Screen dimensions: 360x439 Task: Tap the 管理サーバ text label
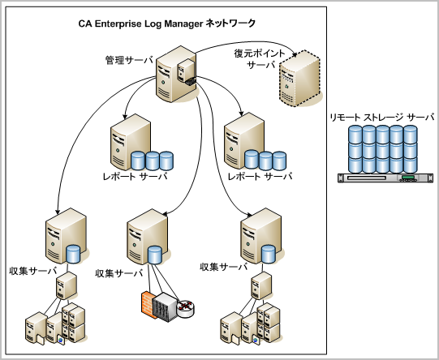128,60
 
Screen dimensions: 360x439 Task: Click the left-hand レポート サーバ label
134,174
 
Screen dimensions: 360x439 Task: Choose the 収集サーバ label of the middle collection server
119,273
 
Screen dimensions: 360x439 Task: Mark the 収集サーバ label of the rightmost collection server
223,266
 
